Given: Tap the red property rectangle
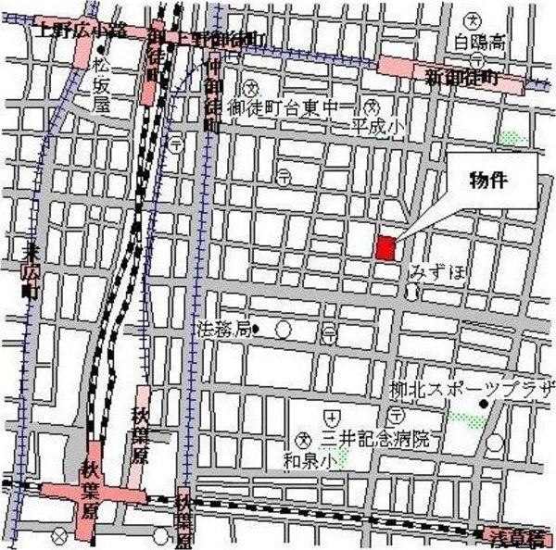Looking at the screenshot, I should [386, 247].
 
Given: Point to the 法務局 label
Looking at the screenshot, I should [223, 328].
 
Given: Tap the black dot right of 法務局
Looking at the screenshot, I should [257, 328].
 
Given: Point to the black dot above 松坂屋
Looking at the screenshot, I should [99, 48].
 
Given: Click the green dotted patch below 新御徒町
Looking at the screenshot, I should [509, 138].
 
